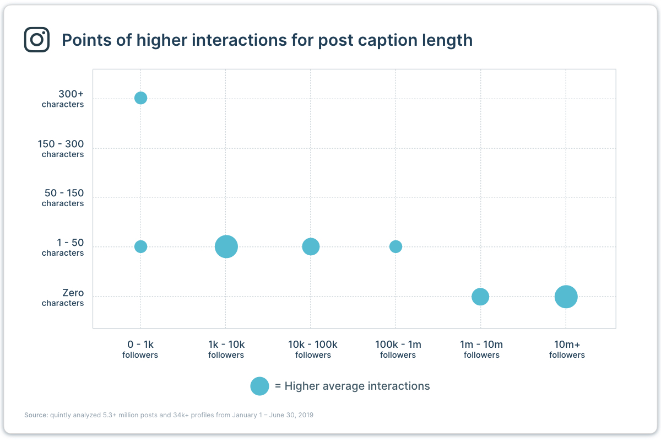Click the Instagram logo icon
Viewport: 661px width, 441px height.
(x=37, y=40)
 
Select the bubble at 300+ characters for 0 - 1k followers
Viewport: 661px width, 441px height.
(x=140, y=98)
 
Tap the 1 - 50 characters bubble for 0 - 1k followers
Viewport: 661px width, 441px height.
(x=140, y=246)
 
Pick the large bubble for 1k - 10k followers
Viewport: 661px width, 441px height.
(x=226, y=246)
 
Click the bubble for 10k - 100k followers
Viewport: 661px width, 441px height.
(x=311, y=246)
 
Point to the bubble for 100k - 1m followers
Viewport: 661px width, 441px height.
(x=395, y=246)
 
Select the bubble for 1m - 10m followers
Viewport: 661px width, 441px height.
(x=480, y=297)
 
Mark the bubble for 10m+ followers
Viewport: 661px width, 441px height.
(x=566, y=297)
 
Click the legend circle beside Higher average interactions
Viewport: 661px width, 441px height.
(x=259, y=386)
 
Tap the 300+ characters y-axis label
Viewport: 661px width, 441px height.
(x=63, y=99)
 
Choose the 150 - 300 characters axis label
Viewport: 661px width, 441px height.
(x=61, y=148)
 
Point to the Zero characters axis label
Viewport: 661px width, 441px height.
(x=63, y=297)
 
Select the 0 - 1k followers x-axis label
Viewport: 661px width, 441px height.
(x=140, y=349)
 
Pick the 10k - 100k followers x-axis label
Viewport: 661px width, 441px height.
(x=312, y=349)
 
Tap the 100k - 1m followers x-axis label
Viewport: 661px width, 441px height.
(x=398, y=349)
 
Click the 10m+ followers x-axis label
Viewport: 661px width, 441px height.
(x=567, y=349)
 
